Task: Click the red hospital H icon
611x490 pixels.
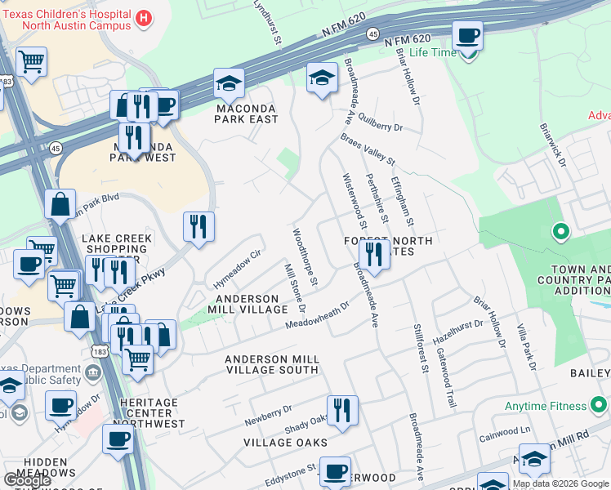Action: click(145, 17)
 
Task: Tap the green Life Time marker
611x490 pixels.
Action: click(468, 53)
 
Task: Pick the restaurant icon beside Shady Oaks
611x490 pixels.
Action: click(341, 409)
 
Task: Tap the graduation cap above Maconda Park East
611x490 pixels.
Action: click(230, 82)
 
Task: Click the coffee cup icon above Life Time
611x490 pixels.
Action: click(467, 35)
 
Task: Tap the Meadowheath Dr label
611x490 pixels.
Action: click(317, 316)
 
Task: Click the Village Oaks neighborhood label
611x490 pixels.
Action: click(285, 443)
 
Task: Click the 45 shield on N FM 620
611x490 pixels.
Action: click(372, 33)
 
